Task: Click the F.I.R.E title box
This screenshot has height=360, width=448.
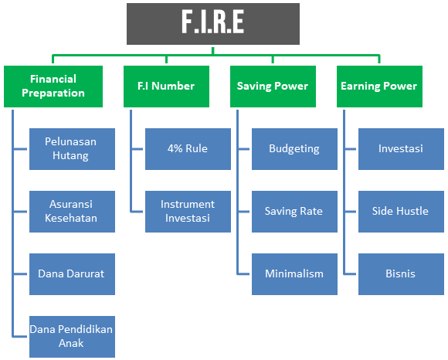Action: (212, 23)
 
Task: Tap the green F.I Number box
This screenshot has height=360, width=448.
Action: (166, 86)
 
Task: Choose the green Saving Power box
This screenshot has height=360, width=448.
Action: (273, 86)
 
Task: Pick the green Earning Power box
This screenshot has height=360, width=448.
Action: (378, 86)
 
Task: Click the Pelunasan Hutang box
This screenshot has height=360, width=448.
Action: (72, 148)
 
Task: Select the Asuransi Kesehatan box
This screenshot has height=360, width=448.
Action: (72, 211)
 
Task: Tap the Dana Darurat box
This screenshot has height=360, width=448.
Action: (72, 273)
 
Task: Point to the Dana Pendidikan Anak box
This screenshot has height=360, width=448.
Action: (72, 336)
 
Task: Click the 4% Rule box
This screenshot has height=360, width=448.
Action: (188, 148)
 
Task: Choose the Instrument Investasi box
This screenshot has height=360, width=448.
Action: (188, 211)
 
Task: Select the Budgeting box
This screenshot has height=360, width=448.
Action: (294, 148)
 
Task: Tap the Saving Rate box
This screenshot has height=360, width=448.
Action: (294, 211)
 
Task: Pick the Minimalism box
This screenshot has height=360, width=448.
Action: (294, 273)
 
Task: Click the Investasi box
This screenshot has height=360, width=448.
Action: (400, 148)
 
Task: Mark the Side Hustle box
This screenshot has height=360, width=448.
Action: (400, 211)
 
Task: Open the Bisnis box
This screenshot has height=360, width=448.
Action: (400, 273)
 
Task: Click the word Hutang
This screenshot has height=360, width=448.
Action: (72, 155)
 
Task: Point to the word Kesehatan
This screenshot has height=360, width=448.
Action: (72, 218)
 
